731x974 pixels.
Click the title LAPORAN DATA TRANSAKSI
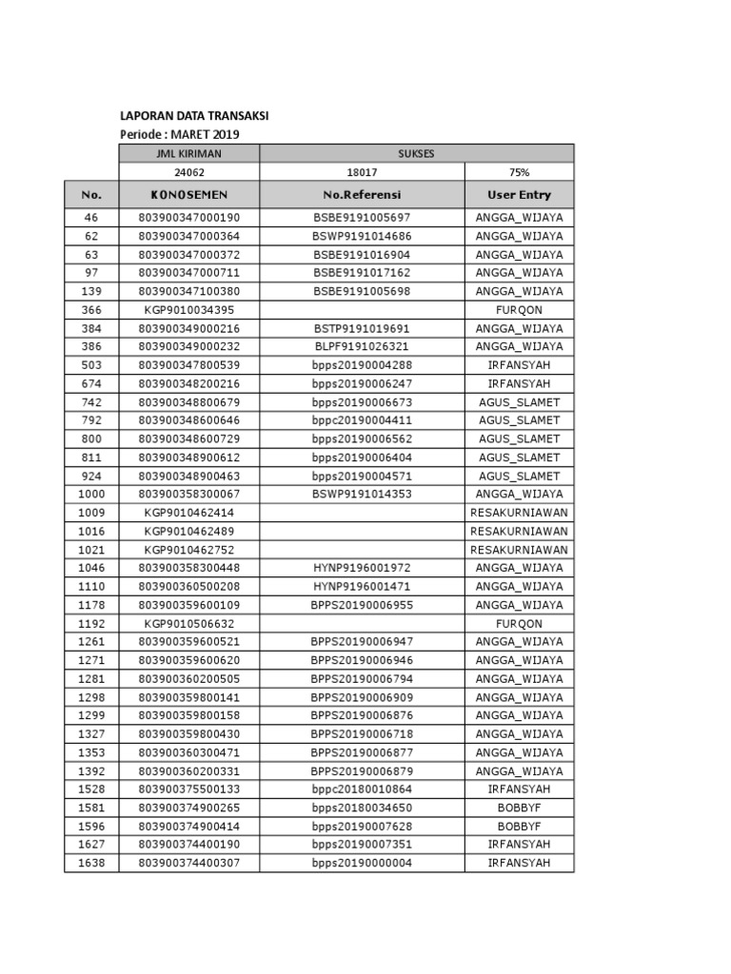(x=194, y=115)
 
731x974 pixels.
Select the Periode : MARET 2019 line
(x=180, y=134)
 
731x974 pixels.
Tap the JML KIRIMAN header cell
(x=188, y=153)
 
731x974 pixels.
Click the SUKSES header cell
(x=416, y=153)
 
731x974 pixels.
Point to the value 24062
(x=188, y=172)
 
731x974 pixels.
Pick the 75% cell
(x=519, y=172)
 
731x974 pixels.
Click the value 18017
(x=362, y=172)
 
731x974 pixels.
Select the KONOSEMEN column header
(x=188, y=195)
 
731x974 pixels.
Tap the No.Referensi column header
(x=362, y=195)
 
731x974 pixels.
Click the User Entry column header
(x=519, y=195)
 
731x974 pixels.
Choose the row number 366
(x=91, y=310)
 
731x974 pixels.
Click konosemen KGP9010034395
(x=188, y=310)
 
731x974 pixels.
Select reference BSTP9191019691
(x=362, y=328)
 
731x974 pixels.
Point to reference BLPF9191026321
(x=362, y=347)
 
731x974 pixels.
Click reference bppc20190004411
(x=362, y=420)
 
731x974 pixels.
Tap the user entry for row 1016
(x=519, y=531)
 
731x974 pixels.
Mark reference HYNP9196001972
(x=362, y=568)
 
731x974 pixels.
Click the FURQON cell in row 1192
(x=519, y=623)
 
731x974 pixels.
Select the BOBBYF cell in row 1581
(x=519, y=808)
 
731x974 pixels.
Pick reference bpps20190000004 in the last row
(x=362, y=863)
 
